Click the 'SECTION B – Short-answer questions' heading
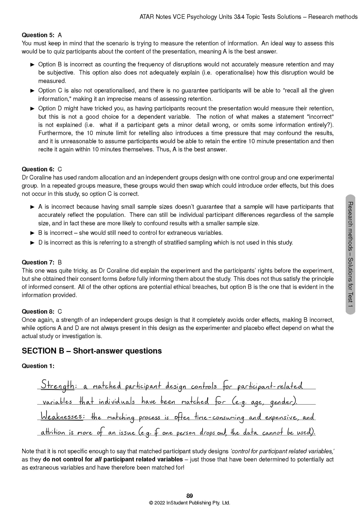tap(92, 351)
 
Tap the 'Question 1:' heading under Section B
tap(38, 366)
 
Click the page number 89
tap(189, 496)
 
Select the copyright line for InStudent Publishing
tap(189, 503)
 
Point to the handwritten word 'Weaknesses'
tap(61, 416)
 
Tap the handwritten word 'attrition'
tap(53, 432)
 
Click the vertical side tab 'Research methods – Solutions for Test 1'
tap(350, 254)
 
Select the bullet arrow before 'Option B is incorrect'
tap(32, 64)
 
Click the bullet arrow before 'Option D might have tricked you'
tap(32, 109)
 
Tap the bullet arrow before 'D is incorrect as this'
tap(32, 243)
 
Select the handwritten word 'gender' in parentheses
tap(282, 402)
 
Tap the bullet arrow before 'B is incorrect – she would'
tap(32, 233)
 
